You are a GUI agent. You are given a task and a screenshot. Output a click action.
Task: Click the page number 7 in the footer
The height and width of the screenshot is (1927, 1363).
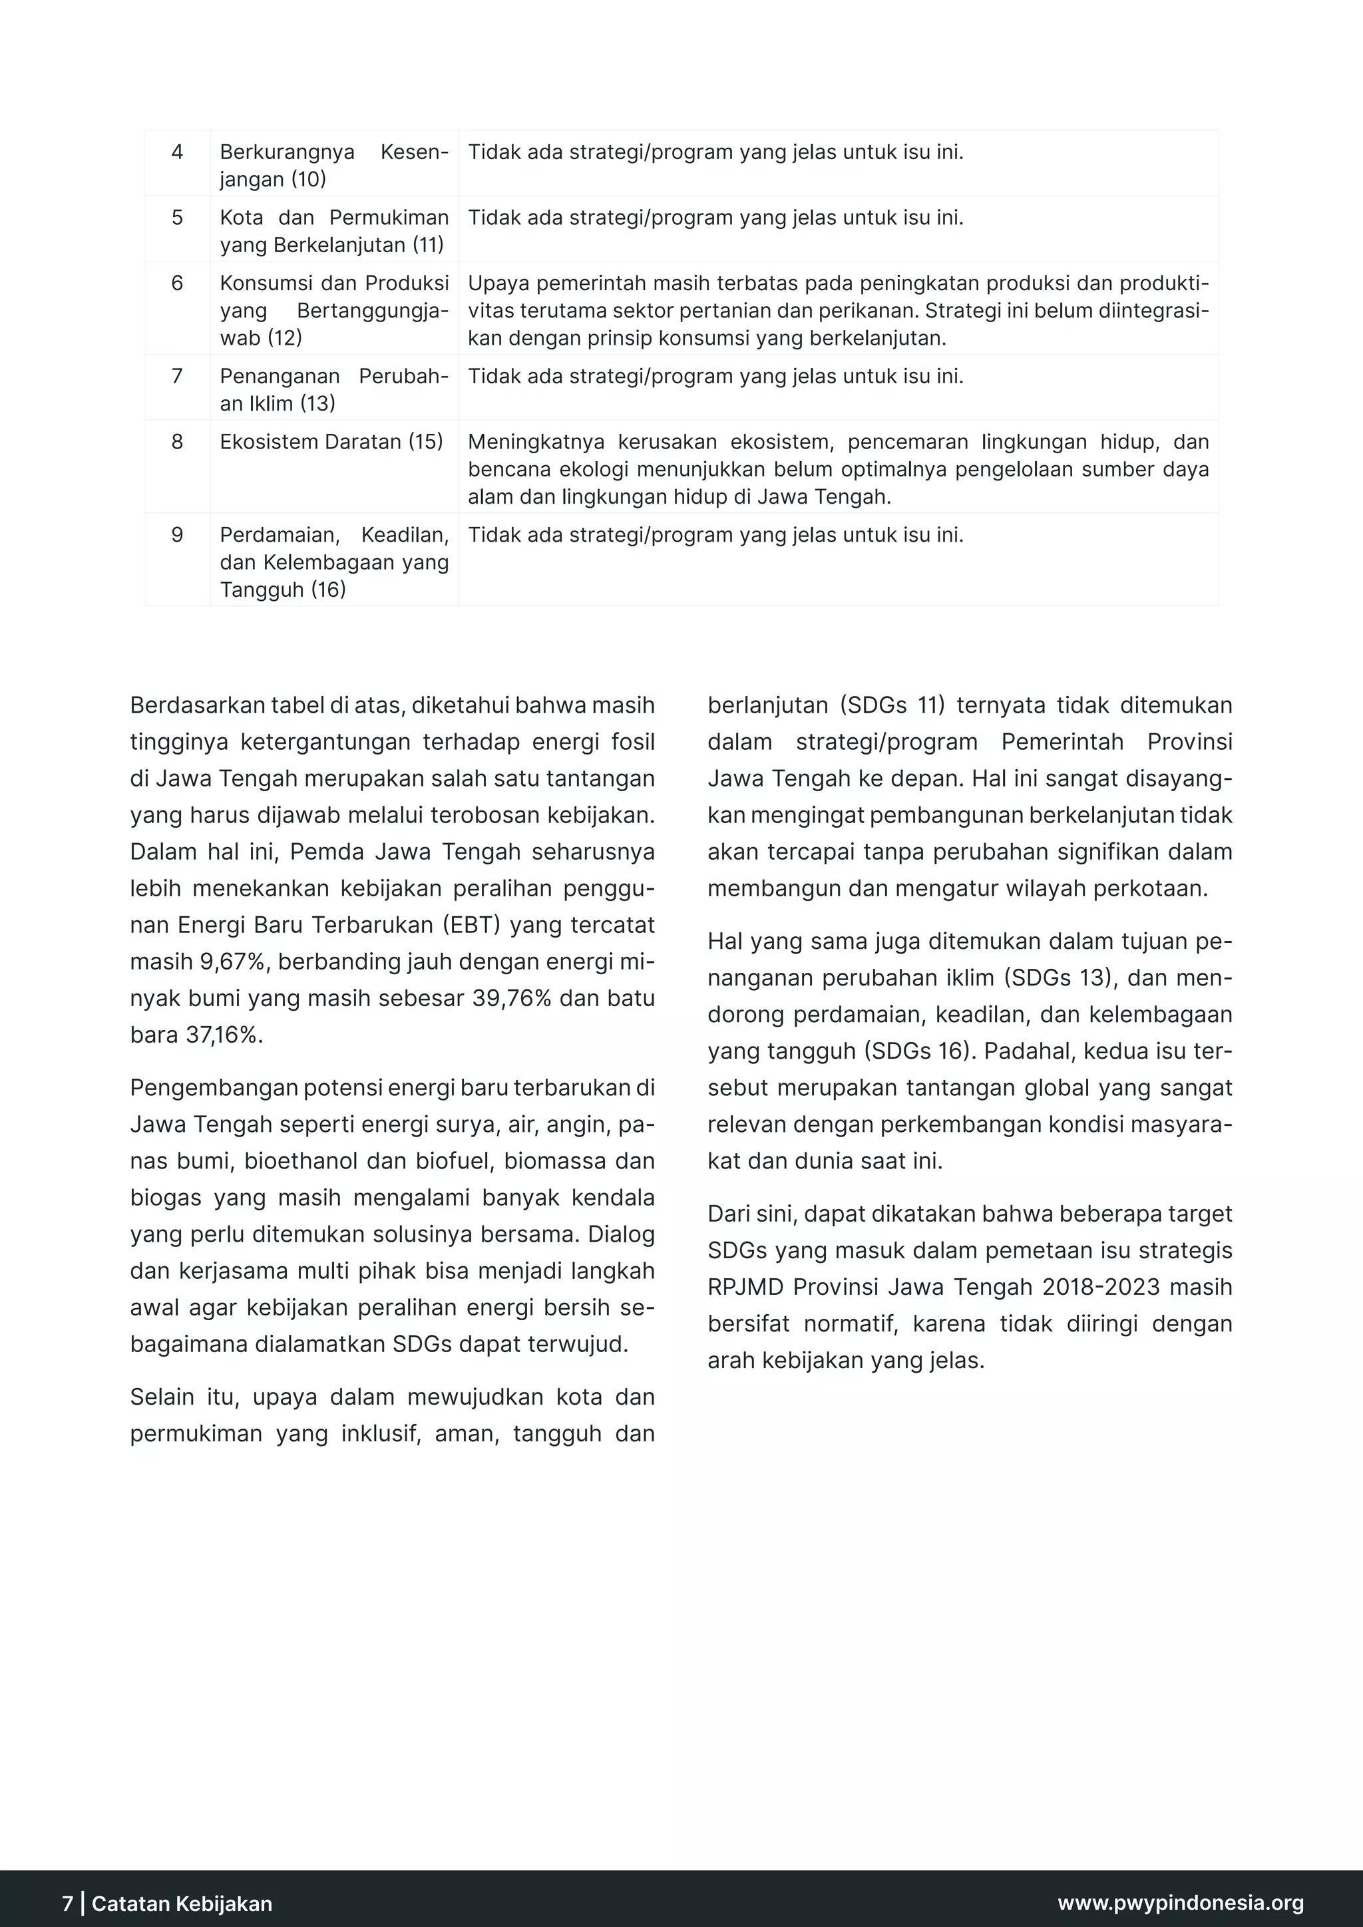point(68,1902)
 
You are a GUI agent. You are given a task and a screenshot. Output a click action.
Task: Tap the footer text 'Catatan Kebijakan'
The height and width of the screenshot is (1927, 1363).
point(182,1902)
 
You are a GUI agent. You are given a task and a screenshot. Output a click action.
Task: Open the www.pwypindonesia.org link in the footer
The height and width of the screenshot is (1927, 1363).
point(1180,1902)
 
